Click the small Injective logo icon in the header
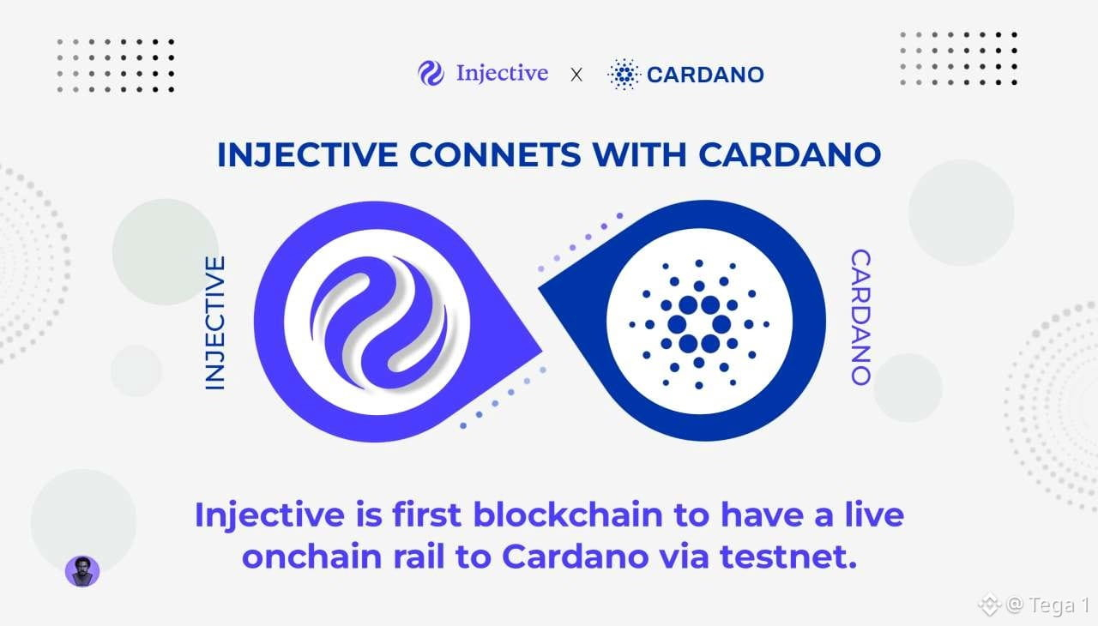(x=431, y=74)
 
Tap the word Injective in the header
(x=502, y=74)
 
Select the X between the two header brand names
(x=576, y=75)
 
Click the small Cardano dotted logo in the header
(x=624, y=75)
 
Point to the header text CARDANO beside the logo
(x=705, y=75)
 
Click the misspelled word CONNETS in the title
(x=495, y=155)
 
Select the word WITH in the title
(x=639, y=155)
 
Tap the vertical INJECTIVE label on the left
(x=214, y=322)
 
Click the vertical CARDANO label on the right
(x=860, y=317)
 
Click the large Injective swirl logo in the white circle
(x=378, y=322)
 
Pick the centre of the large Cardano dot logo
(x=699, y=324)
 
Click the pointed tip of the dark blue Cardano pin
(x=540, y=288)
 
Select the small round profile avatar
(x=82, y=571)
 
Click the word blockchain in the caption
(x=568, y=515)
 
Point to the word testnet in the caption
(x=788, y=557)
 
